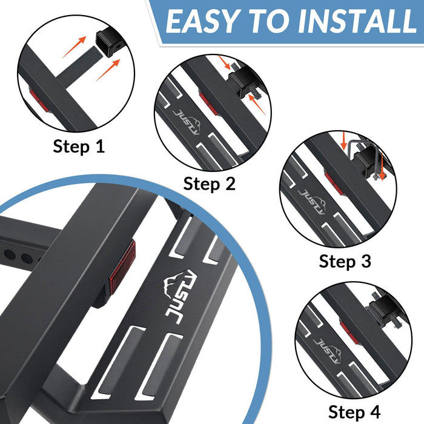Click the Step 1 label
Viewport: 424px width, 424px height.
[79, 146]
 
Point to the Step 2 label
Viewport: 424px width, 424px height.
[209, 183]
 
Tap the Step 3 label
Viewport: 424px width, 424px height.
[345, 261]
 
